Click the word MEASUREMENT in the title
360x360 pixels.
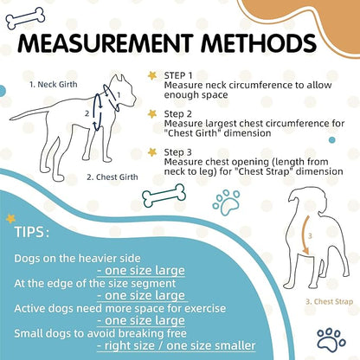coord(106,43)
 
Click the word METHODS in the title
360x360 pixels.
coord(259,43)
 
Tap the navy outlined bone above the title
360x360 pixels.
coord(25,18)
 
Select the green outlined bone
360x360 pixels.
coord(164,196)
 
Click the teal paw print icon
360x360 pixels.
coord(227,202)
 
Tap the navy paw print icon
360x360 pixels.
coord(331,339)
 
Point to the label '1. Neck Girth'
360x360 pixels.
coord(54,85)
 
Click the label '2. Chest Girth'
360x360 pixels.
coord(112,177)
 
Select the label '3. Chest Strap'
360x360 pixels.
coord(330,302)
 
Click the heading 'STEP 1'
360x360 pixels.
coord(178,75)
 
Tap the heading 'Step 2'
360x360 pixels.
coord(177,114)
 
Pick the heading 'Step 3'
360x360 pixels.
coord(177,152)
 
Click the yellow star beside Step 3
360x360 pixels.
coord(152,151)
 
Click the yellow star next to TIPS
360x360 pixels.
coord(10,218)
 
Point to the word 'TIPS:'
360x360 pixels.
coord(32,232)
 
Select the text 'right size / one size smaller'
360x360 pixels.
coord(177,345)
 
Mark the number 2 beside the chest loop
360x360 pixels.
coord(87,113)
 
